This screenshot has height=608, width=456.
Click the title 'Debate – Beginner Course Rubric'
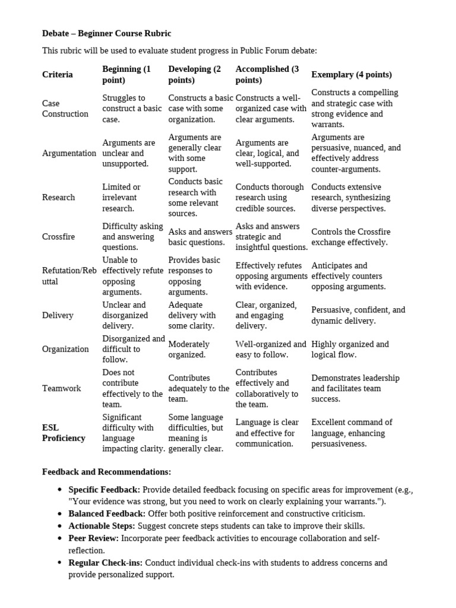click(106, 33)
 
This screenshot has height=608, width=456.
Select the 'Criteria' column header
click(58, 75)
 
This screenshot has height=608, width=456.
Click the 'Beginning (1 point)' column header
click(126, 74)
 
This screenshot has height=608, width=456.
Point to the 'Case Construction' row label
click(65, 109)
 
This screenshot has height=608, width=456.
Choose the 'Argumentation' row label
click(69, 153)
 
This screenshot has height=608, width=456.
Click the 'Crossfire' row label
click(58, 236)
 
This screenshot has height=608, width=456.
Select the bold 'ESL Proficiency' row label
click(64, 433)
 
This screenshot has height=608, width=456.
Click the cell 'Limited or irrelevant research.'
click(122, 198)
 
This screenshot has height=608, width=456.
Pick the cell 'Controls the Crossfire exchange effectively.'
click(351, 237)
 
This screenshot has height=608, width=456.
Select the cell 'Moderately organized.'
click(189, 349)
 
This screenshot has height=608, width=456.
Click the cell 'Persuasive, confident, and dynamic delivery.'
click(358, 315)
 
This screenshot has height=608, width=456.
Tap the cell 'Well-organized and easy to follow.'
click(271, 349)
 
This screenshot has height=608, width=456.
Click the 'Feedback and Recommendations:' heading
click(106, 472)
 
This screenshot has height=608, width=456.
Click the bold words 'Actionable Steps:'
click(102, 525)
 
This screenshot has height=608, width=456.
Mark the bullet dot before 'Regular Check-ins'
click(60, 563)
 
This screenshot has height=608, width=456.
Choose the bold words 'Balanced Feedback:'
click(107, 514)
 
